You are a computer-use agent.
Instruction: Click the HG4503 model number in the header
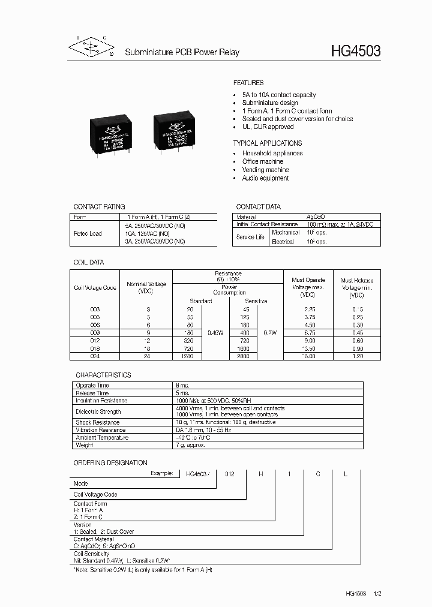click(x=355, y=52)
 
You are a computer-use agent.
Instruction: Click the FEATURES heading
click(x=248, y=83)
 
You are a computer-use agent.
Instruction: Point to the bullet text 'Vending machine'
click(x=265, y=170)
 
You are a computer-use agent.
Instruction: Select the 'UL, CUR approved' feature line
click(x=268, y=127)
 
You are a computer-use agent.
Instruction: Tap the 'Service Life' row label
click(x=250, y=237)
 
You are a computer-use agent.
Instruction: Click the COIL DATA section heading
click(x=88, y=262)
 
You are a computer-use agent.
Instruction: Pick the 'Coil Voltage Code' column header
click(x=95, y=287)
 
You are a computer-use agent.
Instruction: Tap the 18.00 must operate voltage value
click(x=308, y=356)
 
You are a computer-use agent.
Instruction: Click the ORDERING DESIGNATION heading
click(x=110, y=462)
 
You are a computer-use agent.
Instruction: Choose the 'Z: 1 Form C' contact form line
click(x=89, y=517)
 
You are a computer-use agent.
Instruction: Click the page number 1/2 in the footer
click(x=377, y=593)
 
